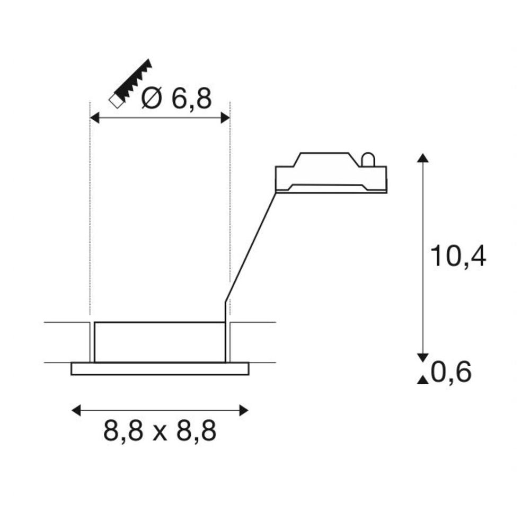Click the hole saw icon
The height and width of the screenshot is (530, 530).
(x=130, y=84)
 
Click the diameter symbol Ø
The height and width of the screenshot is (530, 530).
(x=152, y=99)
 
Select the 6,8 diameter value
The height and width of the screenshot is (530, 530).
(x=192, y=99)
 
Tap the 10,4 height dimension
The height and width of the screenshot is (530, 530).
(x=458, y=257)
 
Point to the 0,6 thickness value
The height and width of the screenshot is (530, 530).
(x=451, y=372)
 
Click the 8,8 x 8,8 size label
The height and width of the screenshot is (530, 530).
(x=160, y=431)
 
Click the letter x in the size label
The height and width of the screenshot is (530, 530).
(x=160, y=434)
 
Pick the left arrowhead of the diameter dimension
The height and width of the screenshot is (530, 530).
(x=95, y=118)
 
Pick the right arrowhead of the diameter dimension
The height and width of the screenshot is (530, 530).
(x=225, y=118)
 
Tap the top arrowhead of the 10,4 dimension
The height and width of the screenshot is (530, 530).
(x=423, y=158)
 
